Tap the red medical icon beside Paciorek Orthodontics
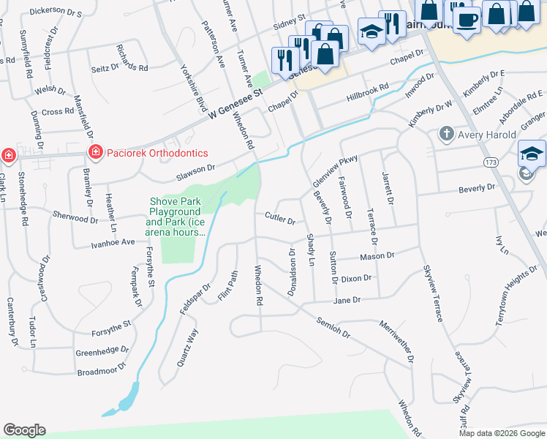tap(94, 152)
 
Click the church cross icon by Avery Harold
tap(445, 134)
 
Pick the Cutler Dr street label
tap(280, 218)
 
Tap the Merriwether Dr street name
tap(397, 342)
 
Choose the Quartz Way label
tap(187, 348)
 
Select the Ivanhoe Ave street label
tap(113, 242)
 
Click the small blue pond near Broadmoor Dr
tap(125, 398)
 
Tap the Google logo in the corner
tap(24, 430)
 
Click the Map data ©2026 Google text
tap(502, 433)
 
